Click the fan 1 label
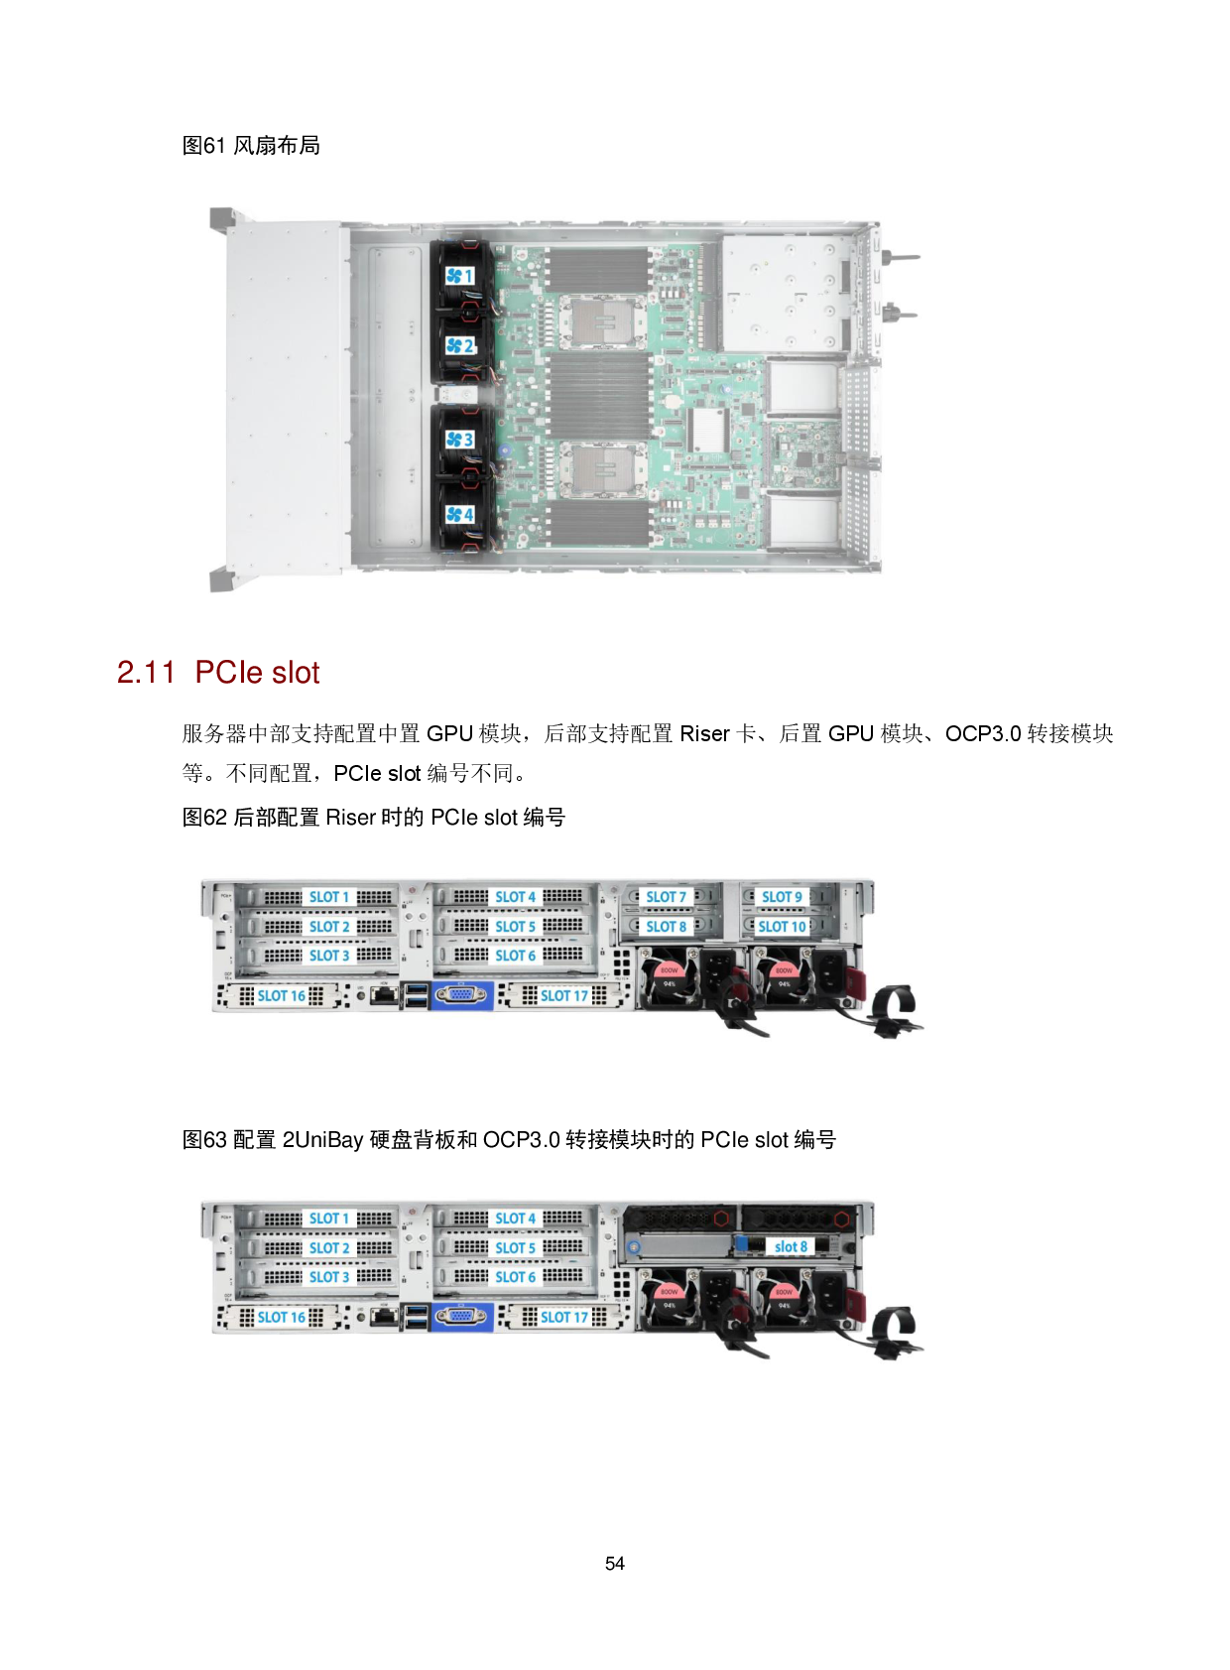click(459, 276)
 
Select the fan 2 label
click(459, 345)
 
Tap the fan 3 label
click(459, 439)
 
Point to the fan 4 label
click(459, 514)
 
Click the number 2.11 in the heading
click(146, 673)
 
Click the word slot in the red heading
click(296, 673)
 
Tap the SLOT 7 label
click(666, 897)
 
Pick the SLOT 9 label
click(782, 897)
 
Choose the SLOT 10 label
click(782, 927)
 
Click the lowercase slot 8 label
click(791, 1246)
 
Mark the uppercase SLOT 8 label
click(666, 927)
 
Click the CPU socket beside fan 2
click(599, 320)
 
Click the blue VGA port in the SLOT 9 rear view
click(461, 995)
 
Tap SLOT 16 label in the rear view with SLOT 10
click(282, 995)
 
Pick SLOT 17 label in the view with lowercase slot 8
click(563, 1317)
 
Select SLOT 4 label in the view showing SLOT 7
click(515, 897)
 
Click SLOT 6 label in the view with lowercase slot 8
click(515, 1277)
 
